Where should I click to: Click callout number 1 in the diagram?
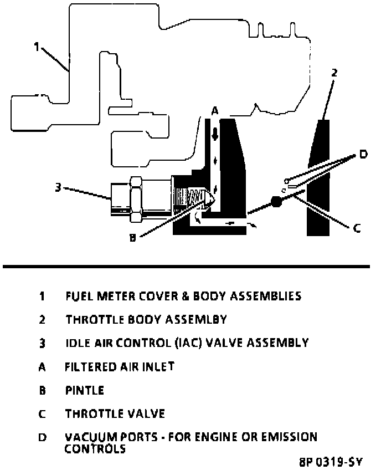pos(37,48)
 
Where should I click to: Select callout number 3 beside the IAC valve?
pos(58,187)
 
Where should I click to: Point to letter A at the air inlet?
pos(215,111)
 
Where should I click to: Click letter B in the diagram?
pos(132,238)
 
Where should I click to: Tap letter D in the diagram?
pos(363,154)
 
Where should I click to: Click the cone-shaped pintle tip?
pos(210,198)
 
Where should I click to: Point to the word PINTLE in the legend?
pos(84,390)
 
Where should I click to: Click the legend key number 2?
pos(42,319)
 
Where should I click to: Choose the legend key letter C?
pos(42,414)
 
